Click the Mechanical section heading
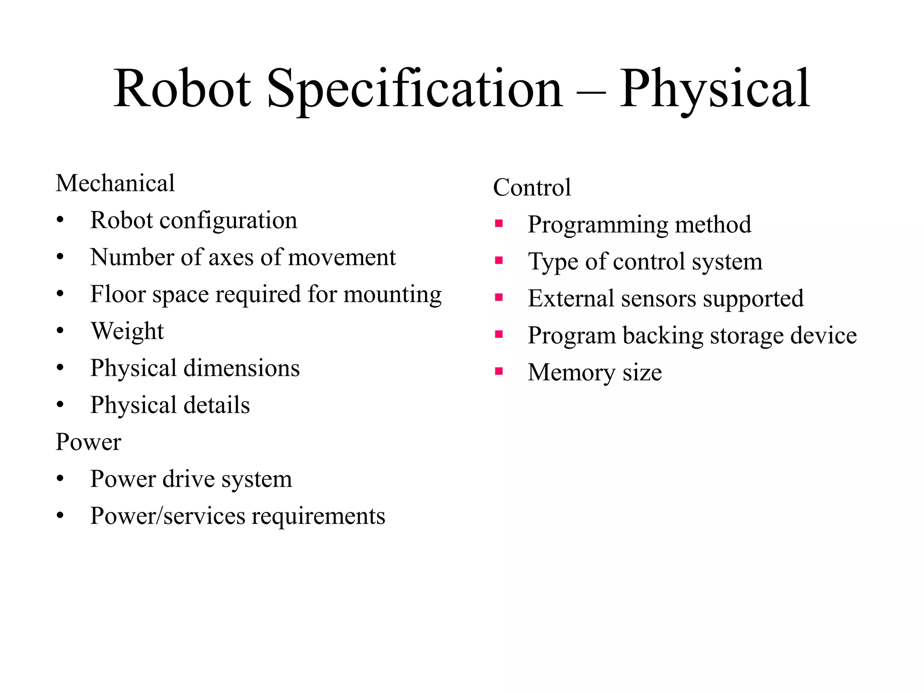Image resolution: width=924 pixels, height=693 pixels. click(115, 183)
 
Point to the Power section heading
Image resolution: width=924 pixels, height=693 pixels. click(88, 442)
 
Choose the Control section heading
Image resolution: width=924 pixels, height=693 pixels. click(532, 187)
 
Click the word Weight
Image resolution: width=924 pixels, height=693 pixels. click(127, 331)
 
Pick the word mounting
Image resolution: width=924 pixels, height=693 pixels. click(392, 295)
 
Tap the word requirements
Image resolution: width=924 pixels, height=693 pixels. click(318, 516)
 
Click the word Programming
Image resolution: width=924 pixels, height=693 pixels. click(598, 225)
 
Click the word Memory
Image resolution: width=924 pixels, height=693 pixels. click(572, 373)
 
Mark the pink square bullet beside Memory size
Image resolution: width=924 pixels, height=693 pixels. click(499, 371)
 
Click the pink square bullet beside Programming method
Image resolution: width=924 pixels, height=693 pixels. click(499, 223)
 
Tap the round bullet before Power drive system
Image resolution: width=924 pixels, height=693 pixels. click(60, 479)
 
